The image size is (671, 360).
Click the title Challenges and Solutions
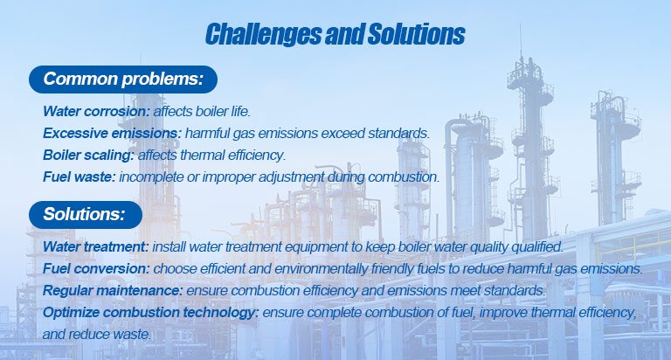coord(335,34)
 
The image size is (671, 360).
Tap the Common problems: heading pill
coord(122,80)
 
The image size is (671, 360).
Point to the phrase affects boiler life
coord(202,113)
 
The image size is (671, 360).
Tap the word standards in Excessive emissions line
coord(402,134)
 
